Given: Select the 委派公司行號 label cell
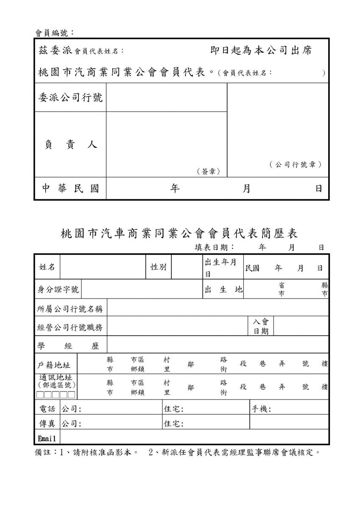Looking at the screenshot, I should (x=70, y=98).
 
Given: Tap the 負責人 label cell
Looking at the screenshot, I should (x=70, y=145).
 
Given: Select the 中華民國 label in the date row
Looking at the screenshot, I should (x=70, y=188).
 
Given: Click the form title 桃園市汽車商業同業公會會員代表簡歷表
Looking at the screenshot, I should (x=179, y=233).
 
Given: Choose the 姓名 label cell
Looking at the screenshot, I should (x=47, y=267).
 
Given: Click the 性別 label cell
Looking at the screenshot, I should (x=158, y=267).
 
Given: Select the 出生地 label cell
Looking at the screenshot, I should (x=223, y=289).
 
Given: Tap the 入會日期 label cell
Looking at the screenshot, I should (x=261, y=326).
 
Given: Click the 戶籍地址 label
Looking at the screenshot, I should (x=54, y=365).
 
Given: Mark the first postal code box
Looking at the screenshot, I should (x=39, y=395).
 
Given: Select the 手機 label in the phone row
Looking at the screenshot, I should (x=261, y=409).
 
